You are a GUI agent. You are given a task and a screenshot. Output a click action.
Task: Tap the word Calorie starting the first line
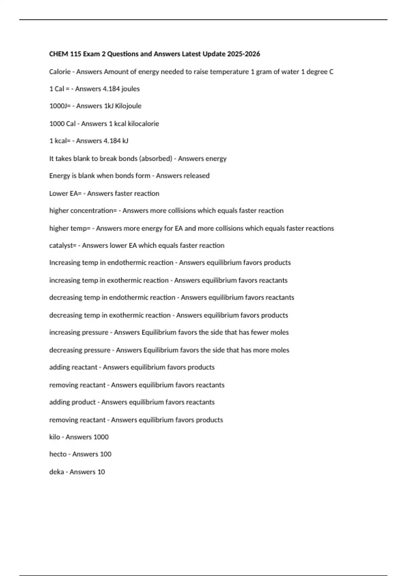60,72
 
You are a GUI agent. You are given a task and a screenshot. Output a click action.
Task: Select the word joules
131,89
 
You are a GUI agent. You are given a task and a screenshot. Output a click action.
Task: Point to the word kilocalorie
143,124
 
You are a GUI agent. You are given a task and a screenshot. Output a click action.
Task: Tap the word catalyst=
63,246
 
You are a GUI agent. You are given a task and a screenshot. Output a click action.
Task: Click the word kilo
55,437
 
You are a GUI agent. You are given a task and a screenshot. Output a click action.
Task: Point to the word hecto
58,454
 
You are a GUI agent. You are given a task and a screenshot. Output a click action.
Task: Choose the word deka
56,472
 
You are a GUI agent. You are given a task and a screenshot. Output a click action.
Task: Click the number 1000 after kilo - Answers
101,437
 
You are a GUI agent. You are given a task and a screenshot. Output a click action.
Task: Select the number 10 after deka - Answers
101,472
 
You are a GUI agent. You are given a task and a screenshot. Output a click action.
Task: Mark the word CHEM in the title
58,54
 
